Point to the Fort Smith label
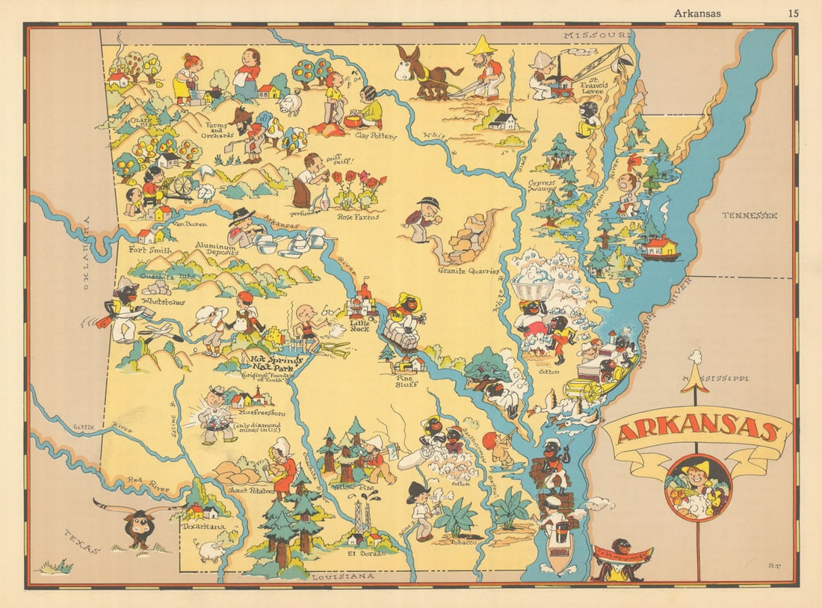150,250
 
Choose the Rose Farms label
357,217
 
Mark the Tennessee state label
750,215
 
